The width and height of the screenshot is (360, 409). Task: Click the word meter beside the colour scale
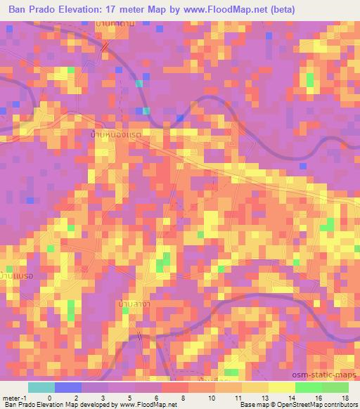coord(10,397)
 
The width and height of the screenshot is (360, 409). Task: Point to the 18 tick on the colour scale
coord(345,397)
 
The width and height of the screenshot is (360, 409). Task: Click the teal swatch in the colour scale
coord(41,387)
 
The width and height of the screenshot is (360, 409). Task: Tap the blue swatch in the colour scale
coord(67,387)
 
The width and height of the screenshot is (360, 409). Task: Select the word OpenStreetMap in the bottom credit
coord(311,405)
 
